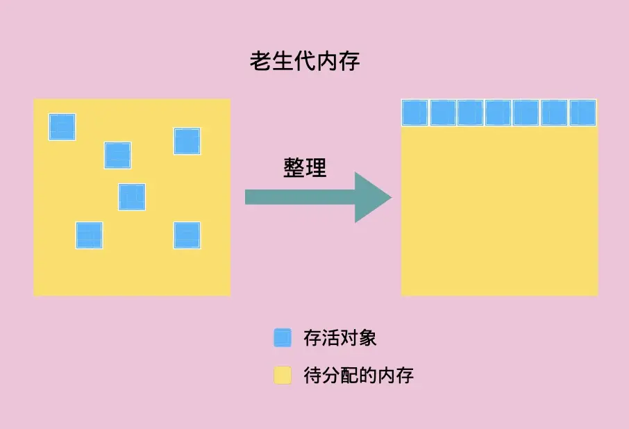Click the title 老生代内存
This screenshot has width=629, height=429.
(305, 61)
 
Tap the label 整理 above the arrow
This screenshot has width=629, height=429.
(305, 167)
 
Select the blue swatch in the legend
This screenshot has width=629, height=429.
(283, 337)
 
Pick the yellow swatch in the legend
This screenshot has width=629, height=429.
(283, 375)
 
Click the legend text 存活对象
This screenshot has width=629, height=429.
(339, 337)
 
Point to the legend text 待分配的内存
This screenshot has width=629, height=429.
(358, 376)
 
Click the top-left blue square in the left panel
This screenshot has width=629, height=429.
(62, 127)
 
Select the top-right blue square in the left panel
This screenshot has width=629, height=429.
(187, 141)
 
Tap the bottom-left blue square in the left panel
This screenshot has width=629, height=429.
(89, 235)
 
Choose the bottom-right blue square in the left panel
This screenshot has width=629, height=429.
(187, 235)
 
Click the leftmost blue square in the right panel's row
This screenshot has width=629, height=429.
(414, 112)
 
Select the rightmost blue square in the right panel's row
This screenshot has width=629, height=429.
(583, 112)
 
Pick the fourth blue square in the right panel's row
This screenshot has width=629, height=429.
(498, 112)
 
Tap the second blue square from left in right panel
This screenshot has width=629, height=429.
(443, 112)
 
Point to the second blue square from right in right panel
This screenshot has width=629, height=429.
(554, 112)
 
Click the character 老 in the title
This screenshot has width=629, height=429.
(260, 61)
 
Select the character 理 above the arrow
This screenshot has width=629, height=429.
(317, 167)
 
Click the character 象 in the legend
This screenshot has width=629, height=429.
(367, 337)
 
